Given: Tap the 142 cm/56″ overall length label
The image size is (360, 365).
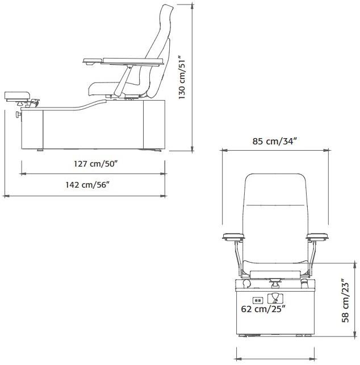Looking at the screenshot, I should (87, 184).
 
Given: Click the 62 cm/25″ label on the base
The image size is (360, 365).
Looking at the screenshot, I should (262, 309).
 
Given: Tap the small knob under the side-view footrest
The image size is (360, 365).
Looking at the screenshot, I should (18, 115).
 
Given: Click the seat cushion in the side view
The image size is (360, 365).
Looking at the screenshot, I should (105, 87).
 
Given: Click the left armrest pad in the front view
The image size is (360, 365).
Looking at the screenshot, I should (233, 235).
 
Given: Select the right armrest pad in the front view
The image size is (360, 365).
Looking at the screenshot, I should (317, 235).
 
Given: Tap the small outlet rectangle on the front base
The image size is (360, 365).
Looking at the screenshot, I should (257, 300).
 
